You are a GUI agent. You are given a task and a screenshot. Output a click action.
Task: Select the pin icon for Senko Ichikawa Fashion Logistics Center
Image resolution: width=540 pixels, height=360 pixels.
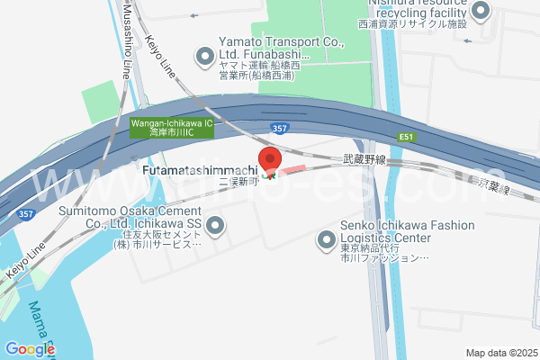(x=326, y=240)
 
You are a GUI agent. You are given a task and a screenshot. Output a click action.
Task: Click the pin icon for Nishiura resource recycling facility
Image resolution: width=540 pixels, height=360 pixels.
(x=480, y=11)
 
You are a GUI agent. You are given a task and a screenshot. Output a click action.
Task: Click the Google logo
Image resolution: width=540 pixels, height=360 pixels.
(x=30, y=349)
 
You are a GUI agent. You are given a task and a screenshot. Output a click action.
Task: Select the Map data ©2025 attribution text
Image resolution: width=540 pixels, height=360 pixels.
(x=500, y=352)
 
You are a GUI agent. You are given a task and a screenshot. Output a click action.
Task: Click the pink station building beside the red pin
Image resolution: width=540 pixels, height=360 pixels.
(x=293, y=170)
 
